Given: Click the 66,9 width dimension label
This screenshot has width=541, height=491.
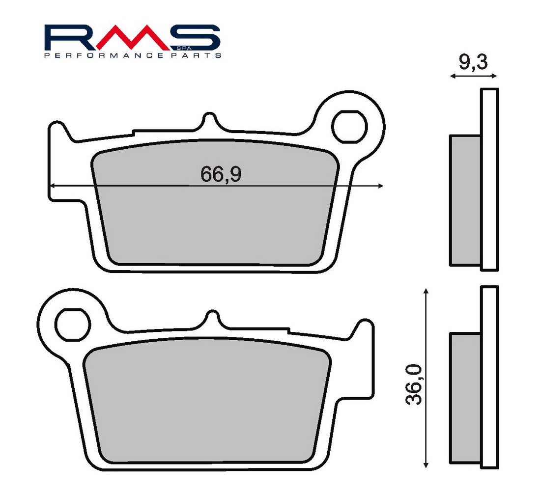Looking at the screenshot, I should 221,174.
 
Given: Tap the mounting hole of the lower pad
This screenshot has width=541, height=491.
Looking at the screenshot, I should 73,324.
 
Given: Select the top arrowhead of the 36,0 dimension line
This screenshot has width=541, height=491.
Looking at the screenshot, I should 426,291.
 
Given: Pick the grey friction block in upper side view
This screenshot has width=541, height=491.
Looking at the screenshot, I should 465,200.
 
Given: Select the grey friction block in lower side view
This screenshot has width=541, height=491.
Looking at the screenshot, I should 465,398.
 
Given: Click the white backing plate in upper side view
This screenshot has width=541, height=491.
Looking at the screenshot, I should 489,179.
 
